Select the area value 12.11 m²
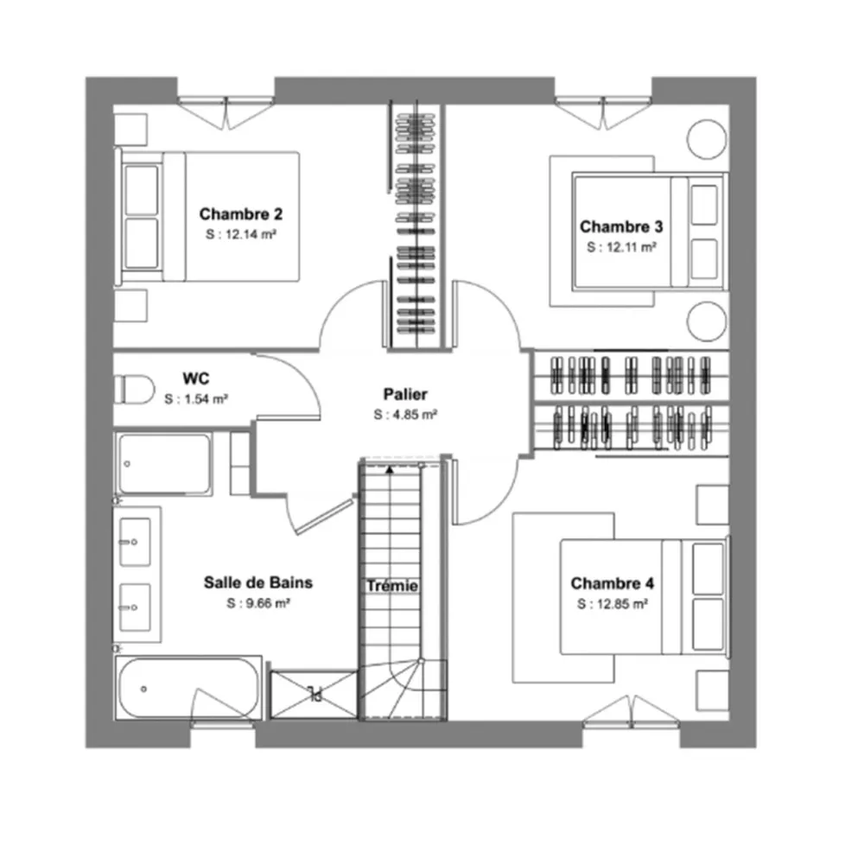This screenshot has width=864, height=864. click(621, 246)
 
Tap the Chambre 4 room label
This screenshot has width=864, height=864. click(612, 584)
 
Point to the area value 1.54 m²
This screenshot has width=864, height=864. click(196, 398)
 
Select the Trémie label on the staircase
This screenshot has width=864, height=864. click(391, 586)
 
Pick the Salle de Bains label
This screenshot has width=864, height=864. click(258, 582)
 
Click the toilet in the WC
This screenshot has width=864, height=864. click(133, 389)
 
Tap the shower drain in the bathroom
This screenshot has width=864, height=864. click(312, 691)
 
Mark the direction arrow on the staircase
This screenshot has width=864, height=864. click(390, 469)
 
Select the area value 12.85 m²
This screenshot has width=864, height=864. click(613, 605)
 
